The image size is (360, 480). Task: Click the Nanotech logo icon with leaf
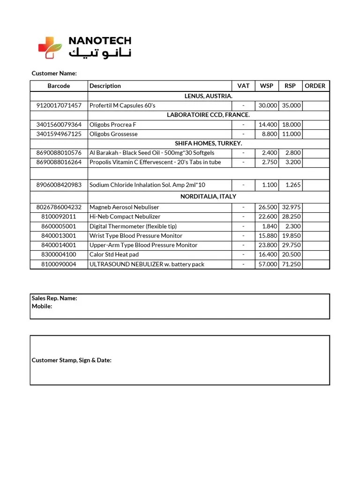pos(50,47)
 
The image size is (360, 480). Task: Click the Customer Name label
pos(54,74)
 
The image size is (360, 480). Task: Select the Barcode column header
pos(59,86)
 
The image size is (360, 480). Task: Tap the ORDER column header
pos(315,86)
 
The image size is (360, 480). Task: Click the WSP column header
pos(266,86)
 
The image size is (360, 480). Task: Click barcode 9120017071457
pos(59,105)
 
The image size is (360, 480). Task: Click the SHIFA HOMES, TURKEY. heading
pos(208,143)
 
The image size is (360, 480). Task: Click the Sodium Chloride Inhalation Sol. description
pos(147,185)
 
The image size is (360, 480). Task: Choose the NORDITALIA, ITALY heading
pos(208,196)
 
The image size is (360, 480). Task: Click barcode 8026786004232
pos(59,207)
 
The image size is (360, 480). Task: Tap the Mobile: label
pos(42,306)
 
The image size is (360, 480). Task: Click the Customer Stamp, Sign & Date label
pos(71,360)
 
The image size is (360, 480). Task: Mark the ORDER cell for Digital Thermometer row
pos(316,226)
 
